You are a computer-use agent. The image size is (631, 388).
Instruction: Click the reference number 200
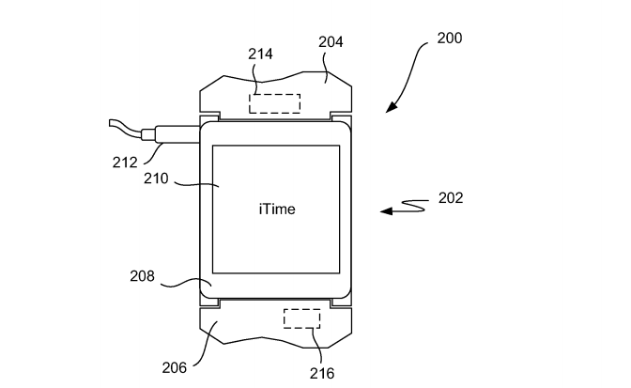[450, 39]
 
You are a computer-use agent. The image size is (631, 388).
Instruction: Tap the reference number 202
[451, 198]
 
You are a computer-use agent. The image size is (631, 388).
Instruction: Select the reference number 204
[331, 42]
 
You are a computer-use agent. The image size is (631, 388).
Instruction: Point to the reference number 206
[175, 368]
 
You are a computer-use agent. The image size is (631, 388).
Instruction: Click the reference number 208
[142, 276]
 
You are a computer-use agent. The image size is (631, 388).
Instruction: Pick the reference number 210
[156, 178]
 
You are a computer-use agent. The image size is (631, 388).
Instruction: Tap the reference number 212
[125, 163]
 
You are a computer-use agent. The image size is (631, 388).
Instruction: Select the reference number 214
[260, 54]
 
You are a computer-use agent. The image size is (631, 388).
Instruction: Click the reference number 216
[322, 374]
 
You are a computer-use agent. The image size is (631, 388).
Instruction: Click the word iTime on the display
[277, 210]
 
